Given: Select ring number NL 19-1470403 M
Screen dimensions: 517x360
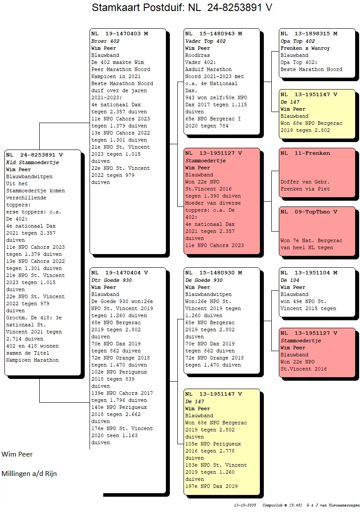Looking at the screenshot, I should point(120,34).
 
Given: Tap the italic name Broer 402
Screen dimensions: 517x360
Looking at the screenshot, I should point(105,41).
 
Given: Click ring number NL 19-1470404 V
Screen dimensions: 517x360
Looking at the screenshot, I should point(120,273).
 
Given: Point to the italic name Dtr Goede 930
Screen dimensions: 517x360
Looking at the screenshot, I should point(112,280).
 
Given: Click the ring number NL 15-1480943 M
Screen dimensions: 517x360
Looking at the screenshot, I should point(214,34).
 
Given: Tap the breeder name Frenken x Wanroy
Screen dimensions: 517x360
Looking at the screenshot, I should point(305,48).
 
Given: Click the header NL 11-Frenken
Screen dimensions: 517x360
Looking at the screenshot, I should point(305,153).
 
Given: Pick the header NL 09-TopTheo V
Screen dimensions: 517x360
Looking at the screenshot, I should point(309,212).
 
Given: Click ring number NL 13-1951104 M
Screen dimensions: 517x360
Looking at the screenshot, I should point(309,273).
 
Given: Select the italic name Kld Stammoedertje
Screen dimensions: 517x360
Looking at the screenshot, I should point(33,162).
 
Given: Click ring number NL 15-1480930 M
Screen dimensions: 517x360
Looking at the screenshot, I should point(214,273).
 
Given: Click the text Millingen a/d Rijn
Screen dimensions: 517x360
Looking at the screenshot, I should point(29,474).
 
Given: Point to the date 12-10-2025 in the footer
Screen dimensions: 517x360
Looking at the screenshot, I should point(245,505).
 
